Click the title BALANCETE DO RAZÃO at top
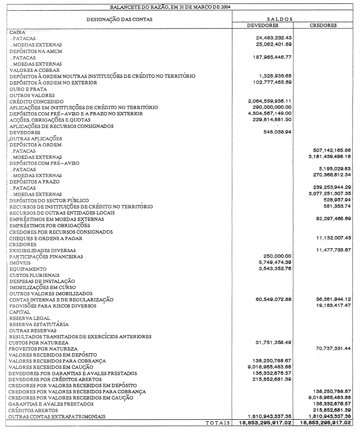[180, 7]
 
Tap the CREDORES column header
[323, 25]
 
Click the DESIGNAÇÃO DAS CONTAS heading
[119, 19]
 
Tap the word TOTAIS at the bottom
[217, 423]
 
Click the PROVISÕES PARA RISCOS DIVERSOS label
[53, 306]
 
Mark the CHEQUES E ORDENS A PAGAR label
[45, 238]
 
